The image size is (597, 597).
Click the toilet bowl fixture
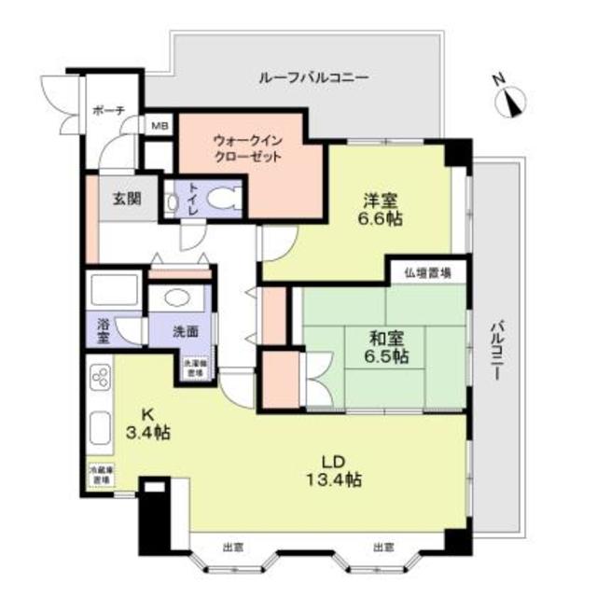click(222, 198)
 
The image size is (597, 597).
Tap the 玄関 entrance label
click(127, 198)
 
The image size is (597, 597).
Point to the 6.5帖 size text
click(385, 357)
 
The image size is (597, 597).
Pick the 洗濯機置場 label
click(194, 368)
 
